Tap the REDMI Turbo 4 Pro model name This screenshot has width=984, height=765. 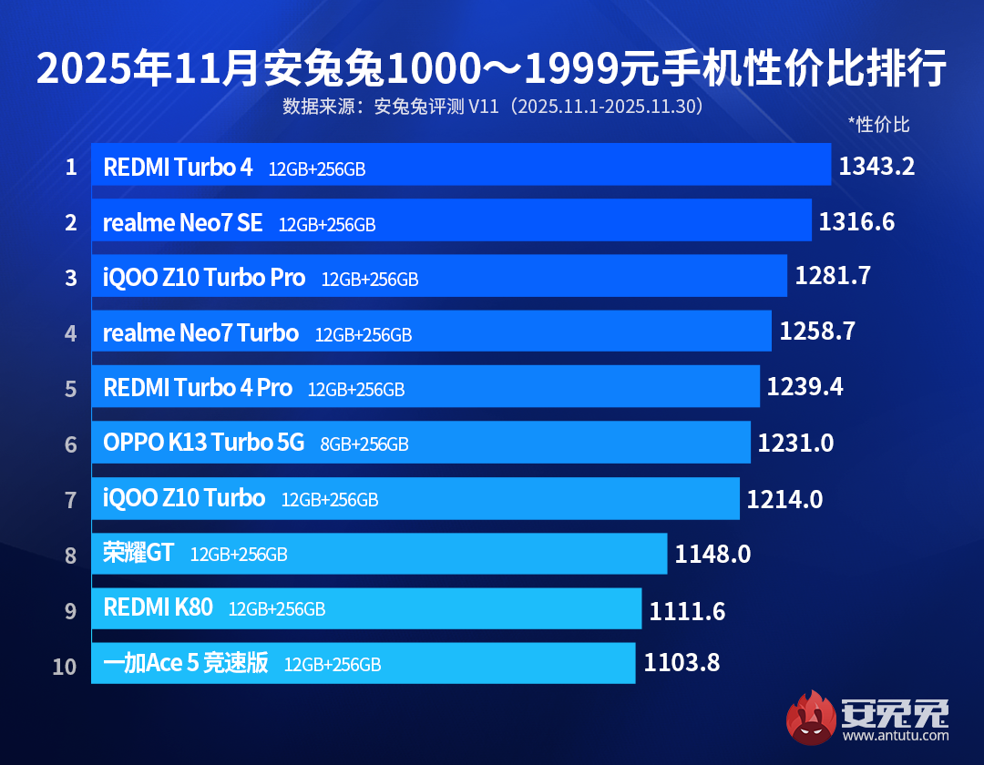[x=198, y=388]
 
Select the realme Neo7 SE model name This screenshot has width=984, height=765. [x=183, y=222]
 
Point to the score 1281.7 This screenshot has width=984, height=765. [x=833, y=277]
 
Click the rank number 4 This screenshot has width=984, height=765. [x=71, y=333]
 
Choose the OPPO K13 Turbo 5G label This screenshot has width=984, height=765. [x=204, y=444]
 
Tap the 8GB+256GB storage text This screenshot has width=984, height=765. [x=364, y=444]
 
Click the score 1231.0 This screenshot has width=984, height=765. [x=795, y=444]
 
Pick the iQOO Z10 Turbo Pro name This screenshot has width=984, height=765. [x=204, y=278]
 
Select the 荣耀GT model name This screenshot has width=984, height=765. [x=138, y=553]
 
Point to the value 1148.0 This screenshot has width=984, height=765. [x=712, y=553]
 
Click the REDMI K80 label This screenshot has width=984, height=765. [x=159, y=608]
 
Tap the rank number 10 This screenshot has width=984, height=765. [x=65, y=666]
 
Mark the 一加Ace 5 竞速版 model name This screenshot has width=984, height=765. [x=186, y=664]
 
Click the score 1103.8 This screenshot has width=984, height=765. [x=682, y=663]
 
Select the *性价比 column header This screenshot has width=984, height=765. [x=878, y=125]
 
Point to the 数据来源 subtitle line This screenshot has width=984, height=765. [x=492, y=107]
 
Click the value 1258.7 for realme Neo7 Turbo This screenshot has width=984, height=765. [x=817, y=331]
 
